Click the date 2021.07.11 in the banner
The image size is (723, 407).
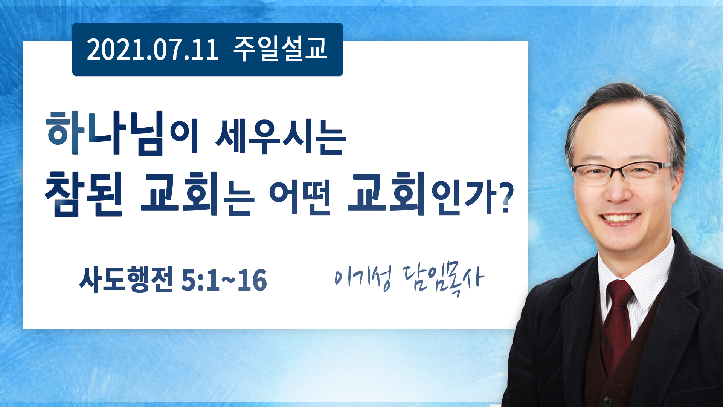(x=153, y=50)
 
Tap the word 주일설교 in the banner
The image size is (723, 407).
(x=280, y=49)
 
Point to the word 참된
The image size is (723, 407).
(x=84, y=194)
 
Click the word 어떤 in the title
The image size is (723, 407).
(x=300, y=197)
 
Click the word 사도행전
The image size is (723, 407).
(x=126, y=280)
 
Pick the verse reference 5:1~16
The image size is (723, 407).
(x=224, y=280)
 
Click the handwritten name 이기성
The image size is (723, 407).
(x=363, y=278)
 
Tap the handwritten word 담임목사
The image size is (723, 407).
(x=443, y=280)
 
